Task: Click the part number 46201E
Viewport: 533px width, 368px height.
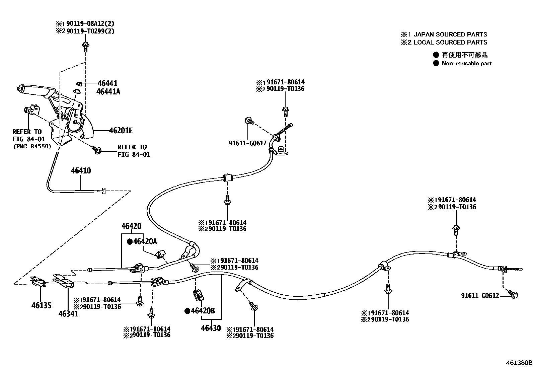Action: (x=121, y=131)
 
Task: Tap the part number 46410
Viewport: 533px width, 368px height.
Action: (x=81, y=171)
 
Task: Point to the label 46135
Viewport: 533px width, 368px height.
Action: (x=42, y=305)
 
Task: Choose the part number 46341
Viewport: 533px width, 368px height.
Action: (x=68, y=314)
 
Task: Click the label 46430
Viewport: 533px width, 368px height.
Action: (x=211, y=328)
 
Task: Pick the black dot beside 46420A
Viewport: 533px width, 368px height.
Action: (x=130, y=241)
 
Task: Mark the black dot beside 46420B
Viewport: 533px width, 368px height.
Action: (x=187, y=311)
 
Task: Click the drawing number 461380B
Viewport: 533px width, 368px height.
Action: (x=519, y=363)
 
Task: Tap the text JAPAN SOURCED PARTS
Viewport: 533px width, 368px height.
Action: (x=450, y=34)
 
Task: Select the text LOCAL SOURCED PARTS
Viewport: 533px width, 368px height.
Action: (x=450, y=43)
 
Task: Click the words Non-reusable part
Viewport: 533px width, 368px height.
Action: (x=466, y=63)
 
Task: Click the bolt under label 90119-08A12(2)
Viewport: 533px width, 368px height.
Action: (x=85, y=47)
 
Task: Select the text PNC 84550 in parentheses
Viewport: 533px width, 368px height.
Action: (x=32, y=146)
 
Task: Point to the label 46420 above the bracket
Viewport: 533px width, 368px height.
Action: (x=131, y=226)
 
